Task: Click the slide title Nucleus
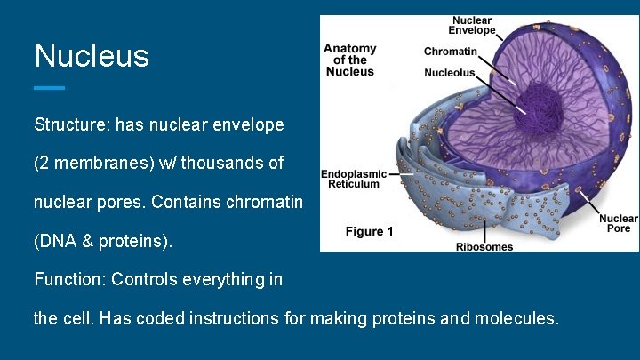point(92,56)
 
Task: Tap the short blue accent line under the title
point(50,88)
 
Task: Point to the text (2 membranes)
point(90,164)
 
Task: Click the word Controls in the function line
point(146,279)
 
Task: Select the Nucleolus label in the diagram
point(449,73)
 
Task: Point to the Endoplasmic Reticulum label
point(355,179)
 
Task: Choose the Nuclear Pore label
point(617,223)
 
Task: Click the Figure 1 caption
point(370,232)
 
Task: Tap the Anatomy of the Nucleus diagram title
point(350,60)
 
